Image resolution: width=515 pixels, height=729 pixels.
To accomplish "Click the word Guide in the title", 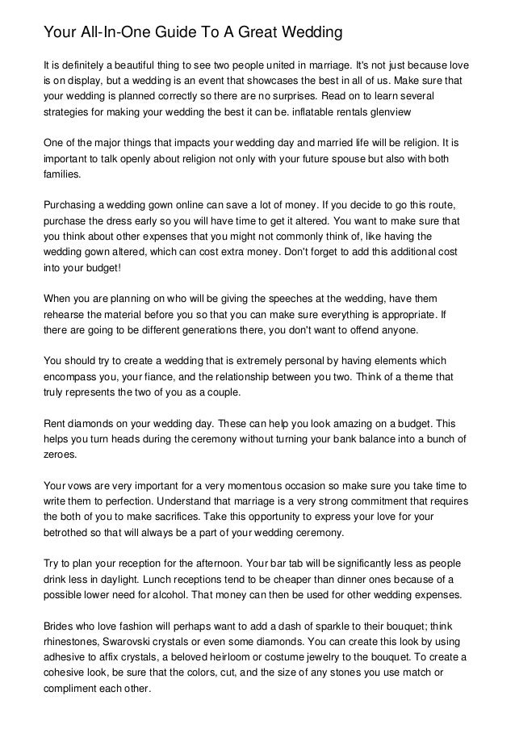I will click(151, 33).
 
